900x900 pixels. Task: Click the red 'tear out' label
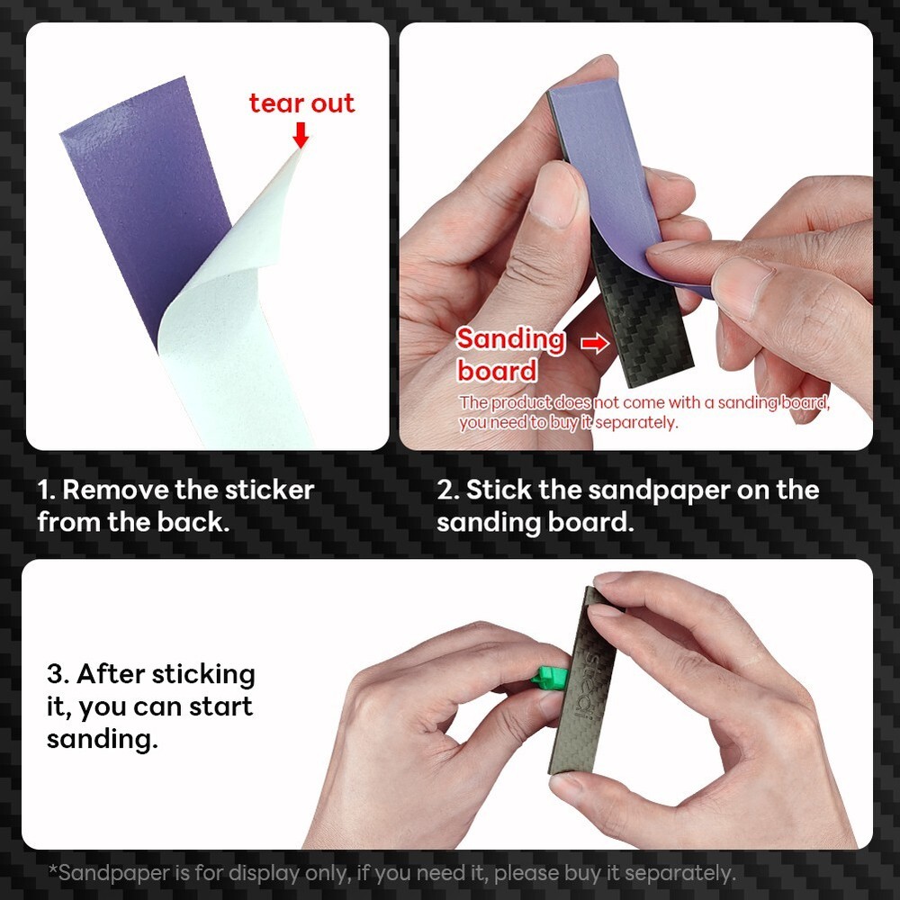point(301,103)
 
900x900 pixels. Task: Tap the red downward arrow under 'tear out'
point(301,135)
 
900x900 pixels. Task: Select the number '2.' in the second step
point(448,490)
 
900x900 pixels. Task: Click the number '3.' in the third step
point(58,674)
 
